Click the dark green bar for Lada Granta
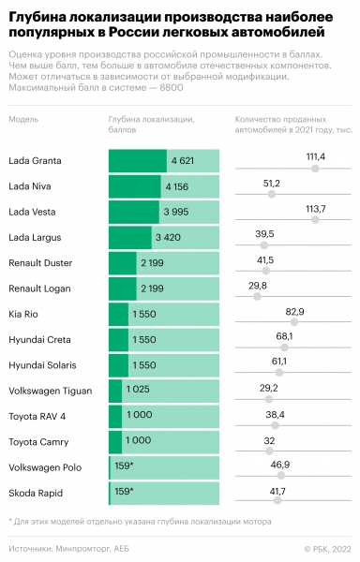tap(137, 161)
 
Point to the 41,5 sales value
tap(264, 259)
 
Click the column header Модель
tap(23, 121)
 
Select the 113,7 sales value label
tap(315, 208)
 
